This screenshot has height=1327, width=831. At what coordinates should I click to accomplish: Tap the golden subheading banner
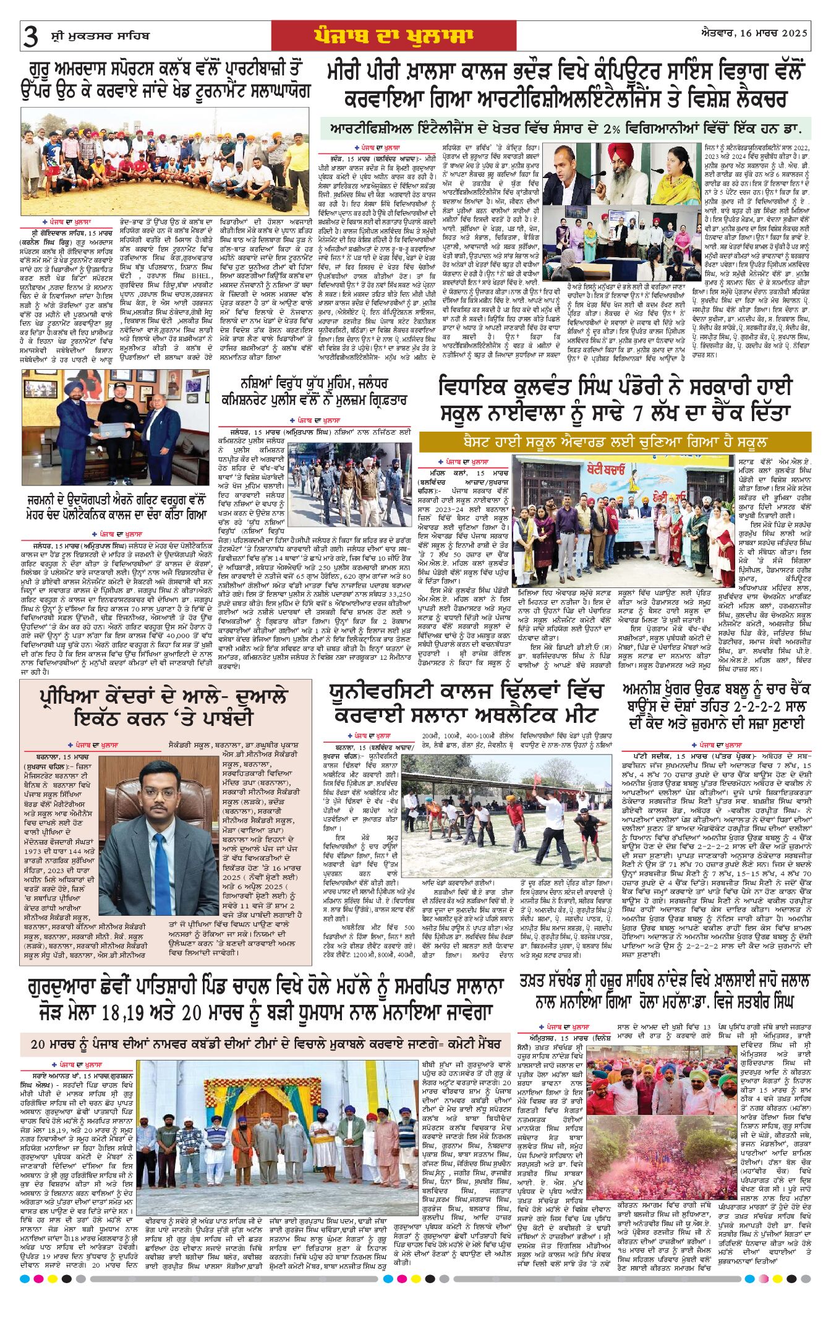point(615,442)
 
